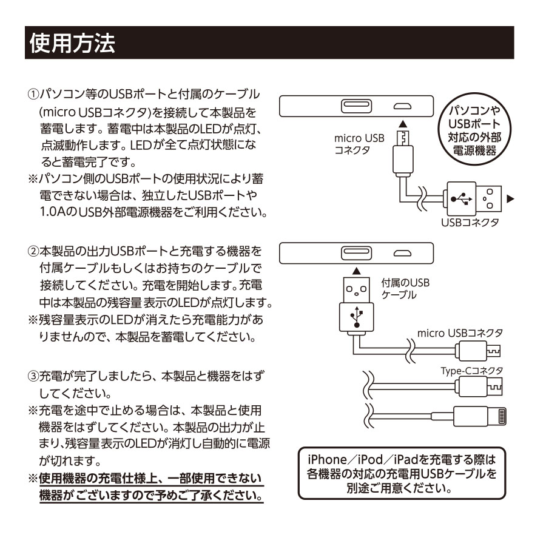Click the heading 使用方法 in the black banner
[x=70, y=42]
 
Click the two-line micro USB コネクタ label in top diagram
[x=359, y=144]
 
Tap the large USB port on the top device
[x=351, y=106]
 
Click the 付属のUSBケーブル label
[x=405, y=288]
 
